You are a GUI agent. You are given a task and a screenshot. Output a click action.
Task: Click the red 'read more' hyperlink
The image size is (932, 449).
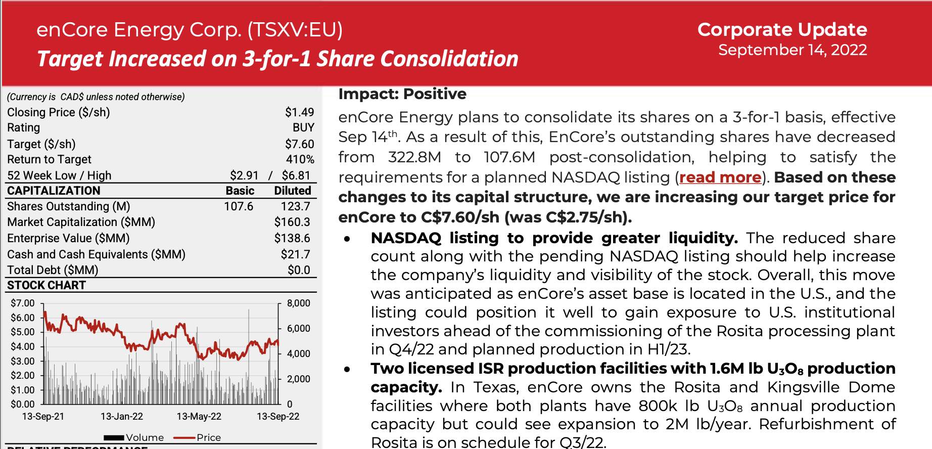click(x=720, y=177)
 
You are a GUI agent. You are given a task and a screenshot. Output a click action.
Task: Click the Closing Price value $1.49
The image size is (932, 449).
click(x=299, y=112)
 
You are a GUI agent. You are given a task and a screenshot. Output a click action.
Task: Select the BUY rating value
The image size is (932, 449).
click(x=303, y=128)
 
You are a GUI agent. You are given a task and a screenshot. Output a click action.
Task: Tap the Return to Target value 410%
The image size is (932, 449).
click(x=300, y=160)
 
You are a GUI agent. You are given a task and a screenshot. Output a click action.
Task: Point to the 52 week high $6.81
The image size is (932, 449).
click(x=296, y=175)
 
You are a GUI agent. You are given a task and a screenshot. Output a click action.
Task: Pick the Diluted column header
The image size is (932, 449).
click(x=292, y=191)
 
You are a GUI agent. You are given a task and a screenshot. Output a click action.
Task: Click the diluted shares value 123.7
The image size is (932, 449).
click(x=295, y=206)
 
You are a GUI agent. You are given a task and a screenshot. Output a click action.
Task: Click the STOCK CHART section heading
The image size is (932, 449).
click(x=46, y=285)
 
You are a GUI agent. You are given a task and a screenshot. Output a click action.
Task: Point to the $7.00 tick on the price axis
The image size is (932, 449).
click(x=23, y=303)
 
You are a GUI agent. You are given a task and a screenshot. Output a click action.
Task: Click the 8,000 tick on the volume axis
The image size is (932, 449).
click(x=298, y=303)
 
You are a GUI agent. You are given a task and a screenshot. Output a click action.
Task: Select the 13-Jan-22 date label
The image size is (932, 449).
click(x=121, y=417)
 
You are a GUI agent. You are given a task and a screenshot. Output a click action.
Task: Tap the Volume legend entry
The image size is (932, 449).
click(x=144, y=438)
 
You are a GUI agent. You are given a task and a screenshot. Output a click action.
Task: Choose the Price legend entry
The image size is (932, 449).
click(x=208, y=438)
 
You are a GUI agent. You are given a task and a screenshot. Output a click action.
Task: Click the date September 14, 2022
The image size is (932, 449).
click(x=792, y=50)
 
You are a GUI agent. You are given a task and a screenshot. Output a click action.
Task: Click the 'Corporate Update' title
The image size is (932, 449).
click(x=782, y=29)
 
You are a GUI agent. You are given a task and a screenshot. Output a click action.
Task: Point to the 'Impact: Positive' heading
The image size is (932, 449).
click(x=402, y=94)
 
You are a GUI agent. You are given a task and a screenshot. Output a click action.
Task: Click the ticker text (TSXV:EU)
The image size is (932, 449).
click(x=295, y=30)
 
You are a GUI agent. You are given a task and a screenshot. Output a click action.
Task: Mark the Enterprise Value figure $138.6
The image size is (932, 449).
click(x=292, y=238)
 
